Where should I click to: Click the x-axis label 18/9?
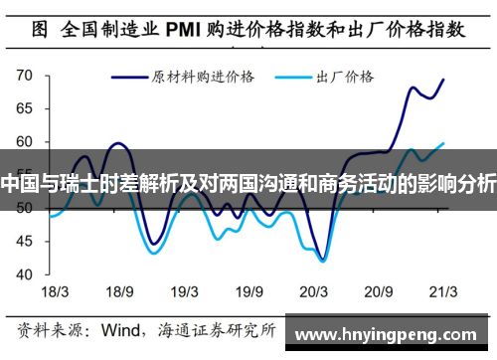pyautogui.click(x=119, y=292)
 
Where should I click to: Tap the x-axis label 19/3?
pyautogui.click(x=185, y=292)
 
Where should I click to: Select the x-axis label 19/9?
pyautogui.click(x=249, y=292)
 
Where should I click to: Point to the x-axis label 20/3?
pyautogui.click(x=315, y=292)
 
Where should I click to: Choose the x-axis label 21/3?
pyautogui.click(x=442, y=292)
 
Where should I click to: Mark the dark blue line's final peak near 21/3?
pyautogui.click(x=442, y=80)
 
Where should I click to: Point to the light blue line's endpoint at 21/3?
pyautogui.click(x=443, y=143)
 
